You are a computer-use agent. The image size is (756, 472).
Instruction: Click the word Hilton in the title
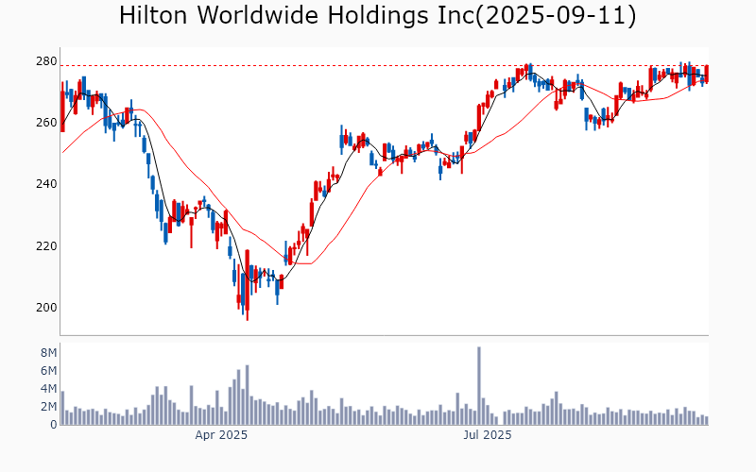click(156, 16)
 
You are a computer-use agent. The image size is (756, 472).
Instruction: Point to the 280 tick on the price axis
click(45, 61)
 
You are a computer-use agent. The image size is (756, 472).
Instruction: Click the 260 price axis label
click(45, 123)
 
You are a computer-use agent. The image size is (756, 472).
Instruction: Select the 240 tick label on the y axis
click(45, 184)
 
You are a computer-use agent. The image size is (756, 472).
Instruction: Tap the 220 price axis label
click(45, 246)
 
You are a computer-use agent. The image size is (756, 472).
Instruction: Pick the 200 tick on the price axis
click(45, 308)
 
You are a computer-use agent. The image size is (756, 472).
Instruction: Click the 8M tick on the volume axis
click(48, 353)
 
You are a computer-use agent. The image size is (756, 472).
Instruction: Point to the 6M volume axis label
click(48, 371)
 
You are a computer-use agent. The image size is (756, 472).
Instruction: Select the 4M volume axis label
click(48, 389)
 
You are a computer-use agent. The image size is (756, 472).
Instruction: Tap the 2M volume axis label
click(48, 407)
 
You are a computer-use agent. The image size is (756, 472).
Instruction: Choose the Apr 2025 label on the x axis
click(221, 435)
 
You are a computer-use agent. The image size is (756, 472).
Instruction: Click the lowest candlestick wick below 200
click(248, 317)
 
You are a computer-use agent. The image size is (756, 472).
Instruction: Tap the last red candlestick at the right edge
click(707, 73)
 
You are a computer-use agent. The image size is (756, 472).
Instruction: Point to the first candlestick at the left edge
click(62, 111)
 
